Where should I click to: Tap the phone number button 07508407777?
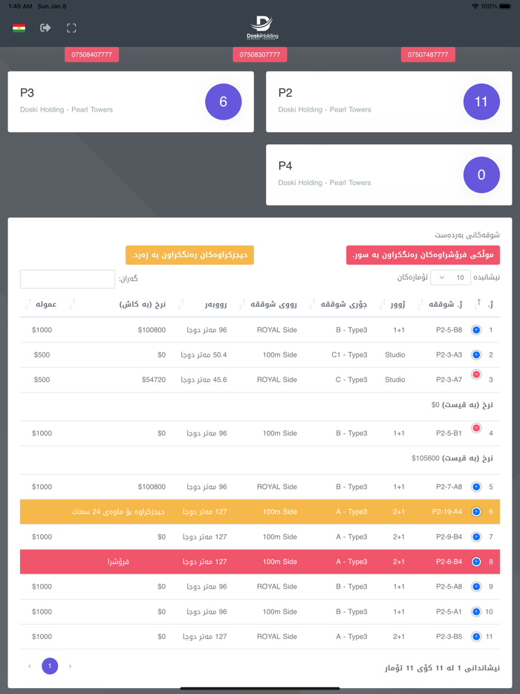pos(91,54)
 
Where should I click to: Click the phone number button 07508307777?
pos(259,54)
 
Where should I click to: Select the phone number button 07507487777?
pos(428,54)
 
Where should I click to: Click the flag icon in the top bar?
pos(19,28)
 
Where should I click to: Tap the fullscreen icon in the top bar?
pos(71,28)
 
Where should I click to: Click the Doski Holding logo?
pos(262,27)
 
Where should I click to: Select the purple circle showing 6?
pos(224,102)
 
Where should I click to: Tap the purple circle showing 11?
pos(481,102)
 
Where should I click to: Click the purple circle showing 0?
pos(481,175)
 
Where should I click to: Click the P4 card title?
pos(285,166)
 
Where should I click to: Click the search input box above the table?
pos(68,279)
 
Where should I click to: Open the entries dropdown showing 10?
pos(450,278)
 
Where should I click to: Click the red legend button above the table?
pos(423,255)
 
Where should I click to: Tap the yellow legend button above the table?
pos(189,255)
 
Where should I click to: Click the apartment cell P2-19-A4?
pos(447,512)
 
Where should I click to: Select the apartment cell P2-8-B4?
pos(449,562)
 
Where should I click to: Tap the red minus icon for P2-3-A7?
pos(476,374)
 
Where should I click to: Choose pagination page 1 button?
pos(50,666)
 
